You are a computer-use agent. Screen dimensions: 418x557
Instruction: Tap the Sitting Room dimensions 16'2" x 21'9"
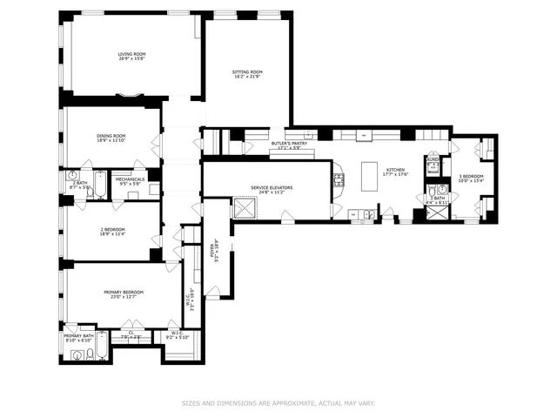click(x=247, y=76)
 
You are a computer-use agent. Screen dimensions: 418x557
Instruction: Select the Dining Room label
click(x=111, y=136)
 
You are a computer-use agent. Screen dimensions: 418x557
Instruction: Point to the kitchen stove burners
click(x=339, y=181)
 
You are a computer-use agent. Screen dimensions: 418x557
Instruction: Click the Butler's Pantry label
click(x=290, y=143)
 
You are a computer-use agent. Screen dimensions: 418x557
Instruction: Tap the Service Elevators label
click(x=272, y=187)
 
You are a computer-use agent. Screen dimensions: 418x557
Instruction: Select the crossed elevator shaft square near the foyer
click(x=246, y=209)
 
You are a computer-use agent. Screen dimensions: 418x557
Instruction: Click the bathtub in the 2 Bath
click(x=100, y=185)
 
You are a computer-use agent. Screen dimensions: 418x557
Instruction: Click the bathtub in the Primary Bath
click(x=102, y=346)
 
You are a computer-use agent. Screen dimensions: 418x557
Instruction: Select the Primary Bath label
click(x=77, y=336)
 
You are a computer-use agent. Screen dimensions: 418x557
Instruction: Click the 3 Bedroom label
click(x=472, y=177)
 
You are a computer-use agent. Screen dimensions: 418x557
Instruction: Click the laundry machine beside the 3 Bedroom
click(x=433, y=165)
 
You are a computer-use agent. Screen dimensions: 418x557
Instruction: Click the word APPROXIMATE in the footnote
click(x=285, y=403)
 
